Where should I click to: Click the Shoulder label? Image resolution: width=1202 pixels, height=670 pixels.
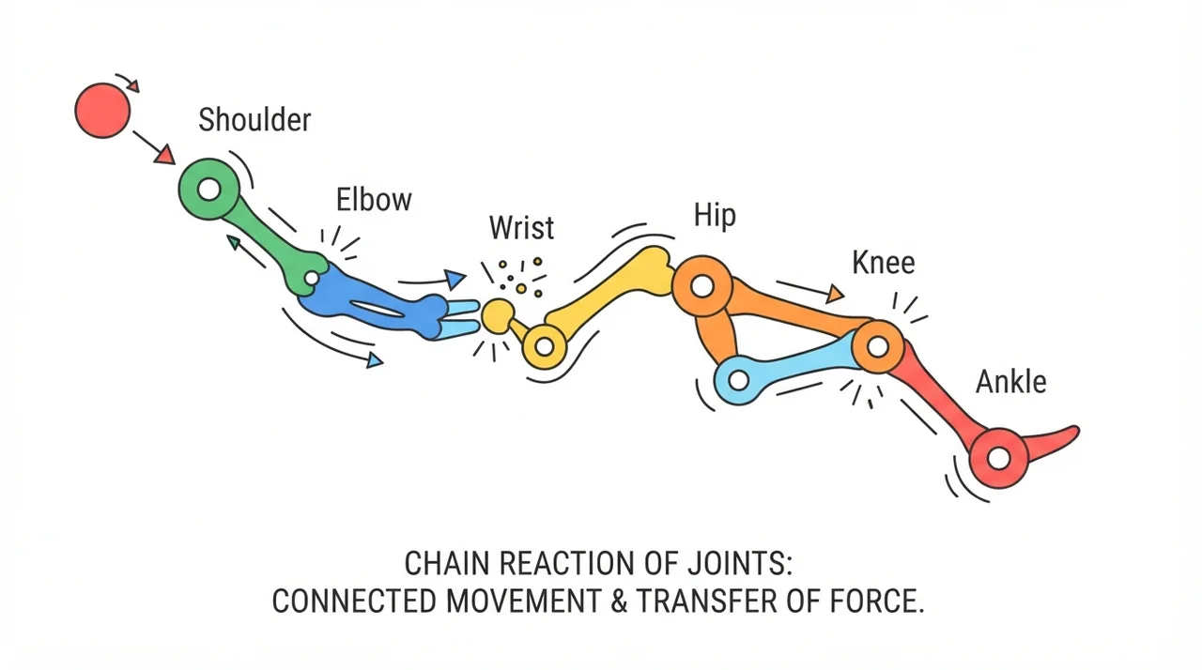(254, 119)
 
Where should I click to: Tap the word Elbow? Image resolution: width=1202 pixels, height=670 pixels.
(374, 200)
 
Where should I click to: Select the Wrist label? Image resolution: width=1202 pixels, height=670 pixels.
(521, 227)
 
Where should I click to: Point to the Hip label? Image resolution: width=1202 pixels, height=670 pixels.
(715, 217)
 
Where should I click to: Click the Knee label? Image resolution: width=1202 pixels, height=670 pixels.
(884, 263)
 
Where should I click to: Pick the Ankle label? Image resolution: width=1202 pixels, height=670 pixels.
(1010, 382)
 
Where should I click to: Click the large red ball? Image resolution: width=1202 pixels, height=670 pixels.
(102, 111)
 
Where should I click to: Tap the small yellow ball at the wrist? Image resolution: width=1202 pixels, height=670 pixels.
(498, 315)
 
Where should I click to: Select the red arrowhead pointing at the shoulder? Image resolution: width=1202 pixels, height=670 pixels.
(164, 156)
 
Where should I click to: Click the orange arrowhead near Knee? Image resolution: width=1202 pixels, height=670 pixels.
(835, 294)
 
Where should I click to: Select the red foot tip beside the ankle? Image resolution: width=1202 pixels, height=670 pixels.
(1072, 432)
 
